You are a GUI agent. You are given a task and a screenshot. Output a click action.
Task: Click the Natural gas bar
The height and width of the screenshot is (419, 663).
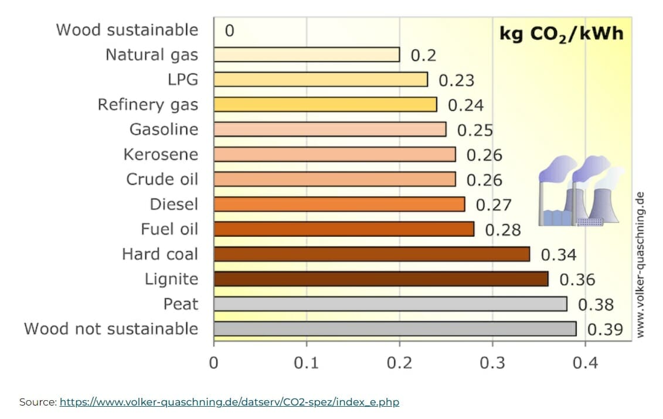tap(307, 54)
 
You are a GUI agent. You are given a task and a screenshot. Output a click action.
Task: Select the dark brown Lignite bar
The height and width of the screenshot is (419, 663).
tap(381, 279)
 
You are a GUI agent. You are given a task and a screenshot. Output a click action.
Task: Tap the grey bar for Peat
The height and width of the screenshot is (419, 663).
tap(390, 304)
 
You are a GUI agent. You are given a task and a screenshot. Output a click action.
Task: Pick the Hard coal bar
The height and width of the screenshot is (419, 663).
tap(372, 254)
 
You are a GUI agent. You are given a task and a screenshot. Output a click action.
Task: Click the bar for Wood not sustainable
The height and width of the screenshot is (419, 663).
tap(395, 329)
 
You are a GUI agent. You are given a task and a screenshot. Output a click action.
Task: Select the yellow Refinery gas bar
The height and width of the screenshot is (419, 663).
tap(325, 104)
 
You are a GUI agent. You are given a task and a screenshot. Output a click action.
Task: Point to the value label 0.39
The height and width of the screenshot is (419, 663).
tap(605, 329)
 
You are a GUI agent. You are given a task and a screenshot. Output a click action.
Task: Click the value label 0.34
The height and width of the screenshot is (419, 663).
tap(558, 254)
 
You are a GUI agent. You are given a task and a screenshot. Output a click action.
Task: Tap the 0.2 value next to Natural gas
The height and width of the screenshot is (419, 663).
tap(423, 55)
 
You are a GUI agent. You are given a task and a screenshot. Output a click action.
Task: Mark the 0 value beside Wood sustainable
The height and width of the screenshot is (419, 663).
tap(229, 30)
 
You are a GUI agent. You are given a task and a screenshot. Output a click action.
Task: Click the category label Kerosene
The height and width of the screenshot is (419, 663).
tap(161, 155)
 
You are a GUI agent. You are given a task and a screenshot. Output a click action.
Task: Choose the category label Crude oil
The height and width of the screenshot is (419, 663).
tap(162, 179)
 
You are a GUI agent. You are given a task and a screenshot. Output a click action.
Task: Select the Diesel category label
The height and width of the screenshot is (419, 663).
tap(174, 205)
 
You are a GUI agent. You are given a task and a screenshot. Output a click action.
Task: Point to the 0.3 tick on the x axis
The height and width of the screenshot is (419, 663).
tap(492, 363)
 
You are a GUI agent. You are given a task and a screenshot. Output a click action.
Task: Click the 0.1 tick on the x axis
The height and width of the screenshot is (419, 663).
tap(306, 363)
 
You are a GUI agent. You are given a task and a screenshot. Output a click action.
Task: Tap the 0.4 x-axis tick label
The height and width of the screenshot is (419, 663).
tap(584, 363)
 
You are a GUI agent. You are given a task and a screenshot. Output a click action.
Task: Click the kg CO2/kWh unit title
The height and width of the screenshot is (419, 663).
tap(561, 33)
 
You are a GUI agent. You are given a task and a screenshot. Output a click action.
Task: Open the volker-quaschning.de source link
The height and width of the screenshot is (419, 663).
tap(229, 402)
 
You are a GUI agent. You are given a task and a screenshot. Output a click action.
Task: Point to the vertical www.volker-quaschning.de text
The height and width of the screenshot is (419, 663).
tap(640, 264)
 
